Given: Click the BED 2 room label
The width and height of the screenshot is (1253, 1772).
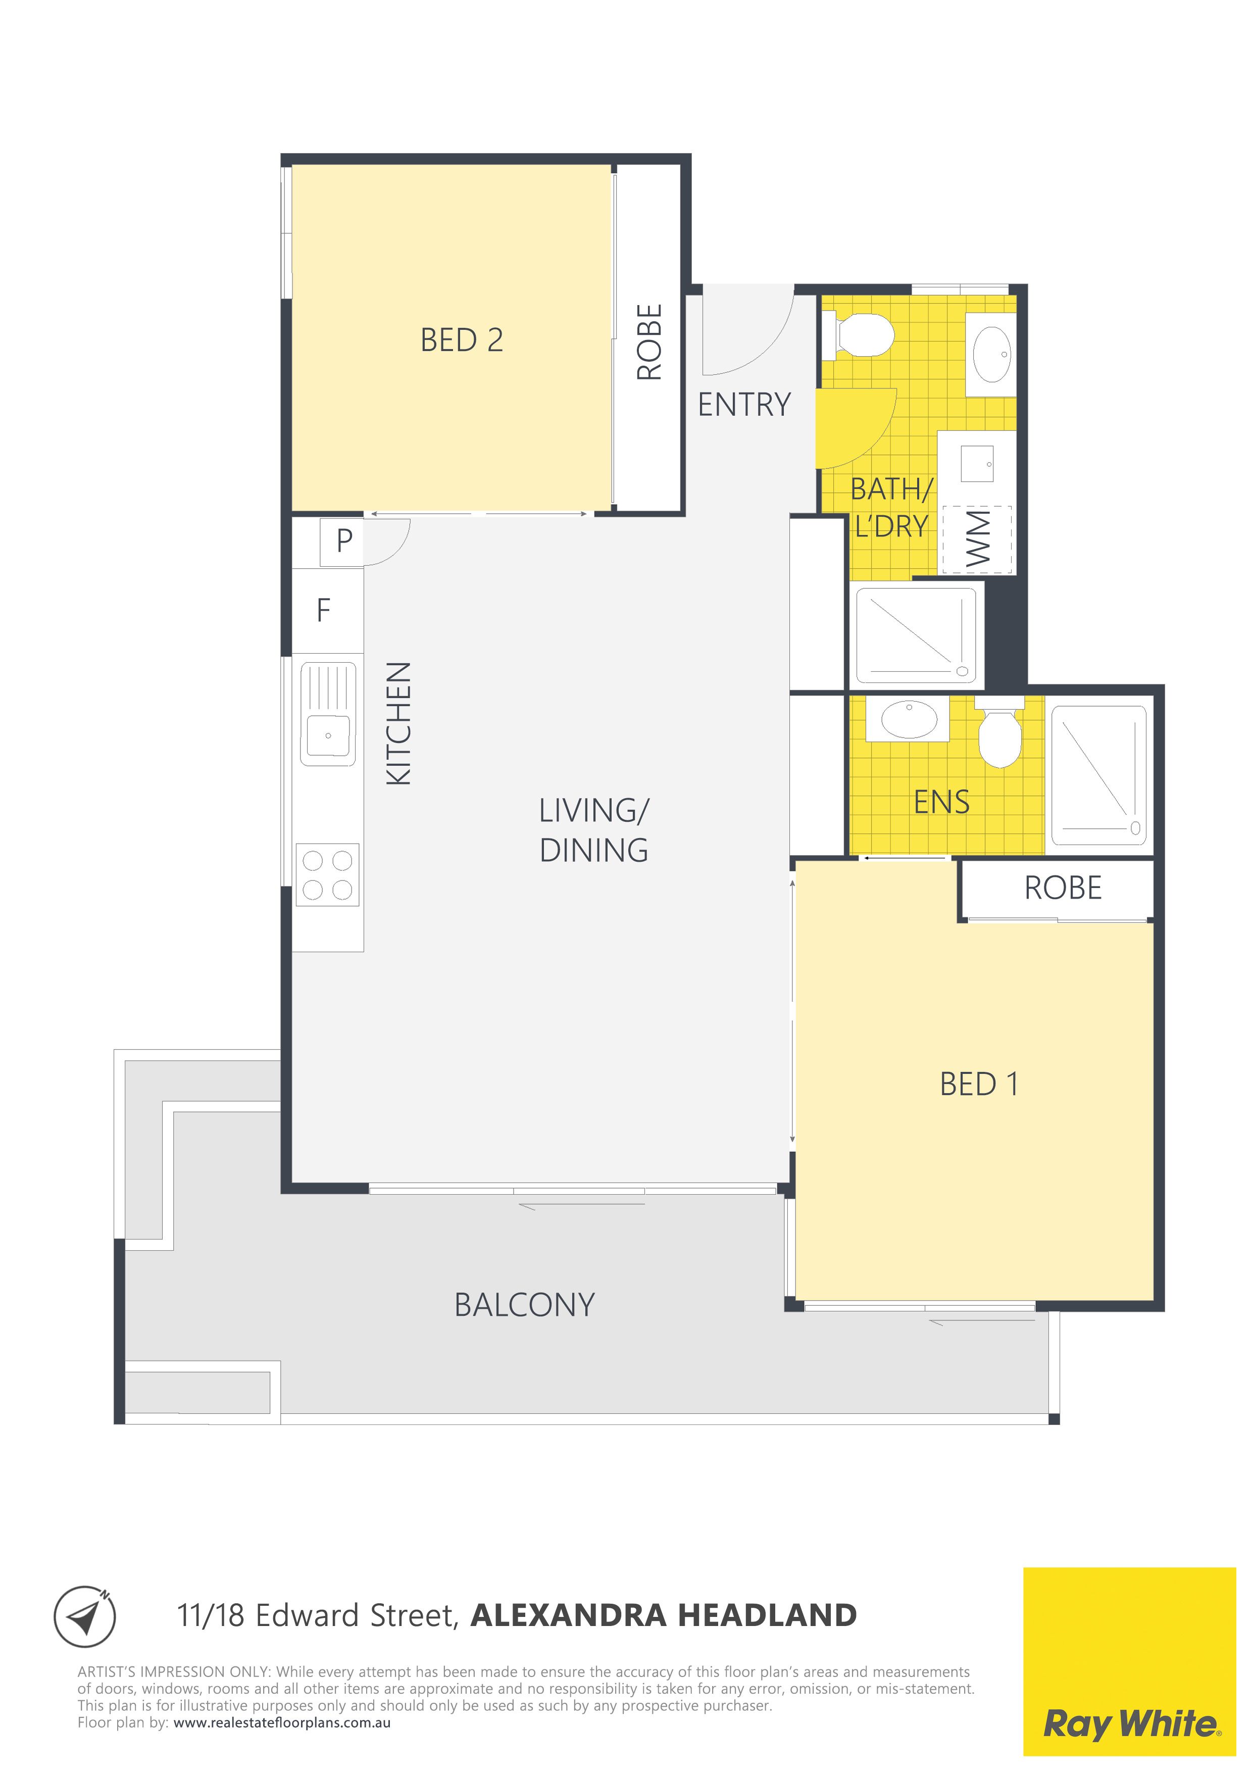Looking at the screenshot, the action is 462,340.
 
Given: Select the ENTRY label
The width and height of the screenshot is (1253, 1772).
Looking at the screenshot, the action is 744,405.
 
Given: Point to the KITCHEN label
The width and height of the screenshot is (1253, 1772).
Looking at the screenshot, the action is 399,723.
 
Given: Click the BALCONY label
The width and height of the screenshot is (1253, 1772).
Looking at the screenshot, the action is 525,1305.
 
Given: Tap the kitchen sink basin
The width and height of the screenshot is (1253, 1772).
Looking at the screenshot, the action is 328,735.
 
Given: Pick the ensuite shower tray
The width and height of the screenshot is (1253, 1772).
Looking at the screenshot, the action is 1098,775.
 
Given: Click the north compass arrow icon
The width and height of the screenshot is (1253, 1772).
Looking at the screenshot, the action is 85,1615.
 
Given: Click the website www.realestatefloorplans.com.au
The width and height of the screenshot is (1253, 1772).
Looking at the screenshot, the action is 282,1722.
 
